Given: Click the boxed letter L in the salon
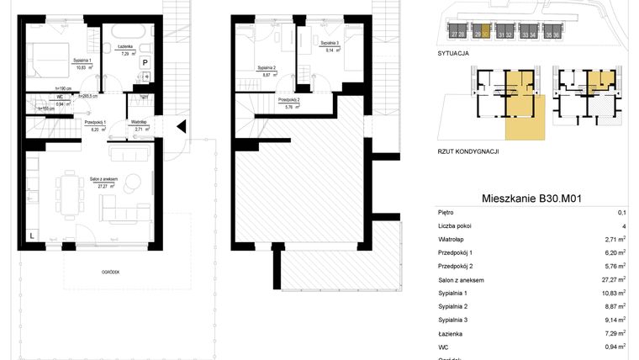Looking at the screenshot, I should [31, 236].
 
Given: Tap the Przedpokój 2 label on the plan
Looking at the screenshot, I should [292, 100].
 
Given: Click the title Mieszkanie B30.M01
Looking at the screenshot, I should [532, 199].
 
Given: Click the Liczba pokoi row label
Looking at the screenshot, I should [457, 226].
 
